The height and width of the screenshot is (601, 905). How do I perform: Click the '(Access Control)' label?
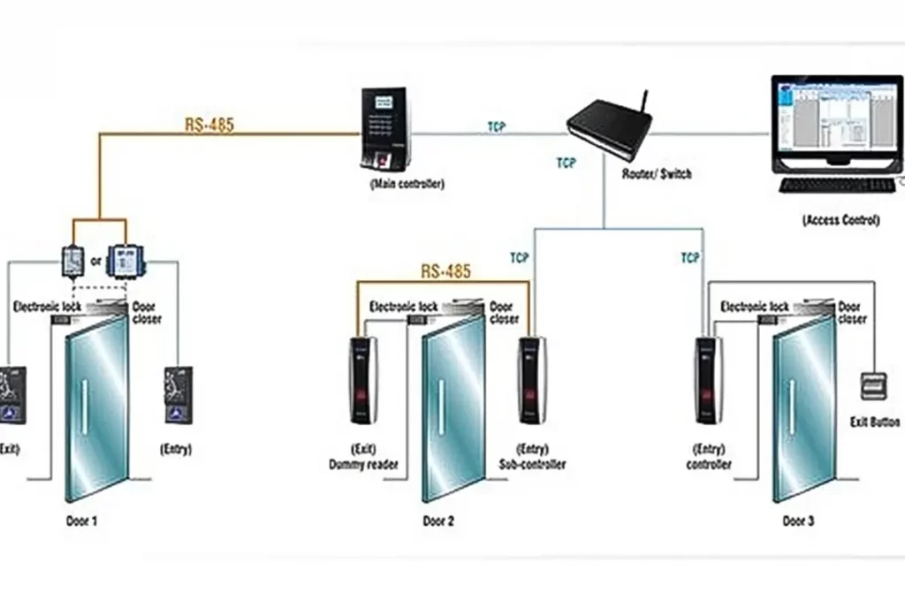(840, 220)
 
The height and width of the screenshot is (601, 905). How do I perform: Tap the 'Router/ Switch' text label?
(657, 174)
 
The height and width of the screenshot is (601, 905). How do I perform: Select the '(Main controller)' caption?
(407, 185)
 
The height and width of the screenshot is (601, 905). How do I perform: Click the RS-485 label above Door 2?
(445, 271)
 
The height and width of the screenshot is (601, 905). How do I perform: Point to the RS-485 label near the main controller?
(209, 124)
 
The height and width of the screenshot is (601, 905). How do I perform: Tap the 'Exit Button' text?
(874, 422)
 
